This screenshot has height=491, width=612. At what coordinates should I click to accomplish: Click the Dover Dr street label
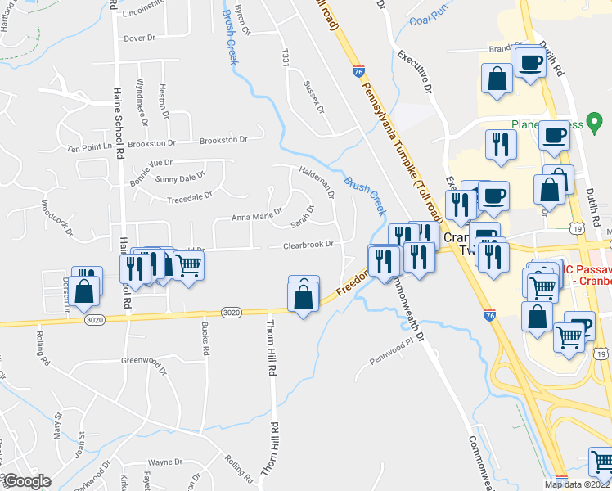[x=139, y=38]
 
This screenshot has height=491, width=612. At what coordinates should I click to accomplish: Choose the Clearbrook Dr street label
[x=308, y=245]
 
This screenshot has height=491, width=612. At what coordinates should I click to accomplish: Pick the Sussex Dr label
[x=314, y=97]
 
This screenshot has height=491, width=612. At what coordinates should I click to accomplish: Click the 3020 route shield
[x=231, y=312]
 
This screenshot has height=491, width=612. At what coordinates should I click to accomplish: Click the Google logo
[x=27, y=481]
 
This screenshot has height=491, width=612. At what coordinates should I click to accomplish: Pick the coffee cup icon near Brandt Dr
[x=530, y=61]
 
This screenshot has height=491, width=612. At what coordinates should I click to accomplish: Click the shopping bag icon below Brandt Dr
[x=497, y=79]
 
